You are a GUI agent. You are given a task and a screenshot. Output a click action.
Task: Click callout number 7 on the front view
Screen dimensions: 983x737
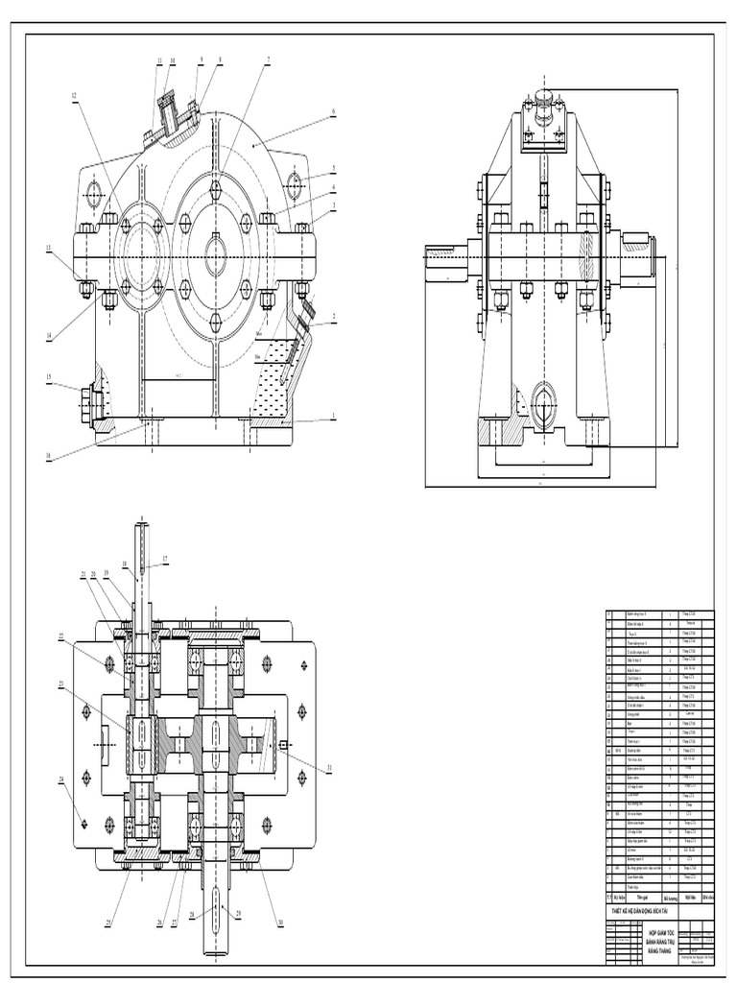tap(269, 60)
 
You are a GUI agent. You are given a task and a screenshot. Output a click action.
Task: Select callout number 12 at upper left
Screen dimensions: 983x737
tap(73, 95)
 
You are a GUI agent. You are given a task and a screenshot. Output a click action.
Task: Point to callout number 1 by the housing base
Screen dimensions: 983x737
tap(333, 417)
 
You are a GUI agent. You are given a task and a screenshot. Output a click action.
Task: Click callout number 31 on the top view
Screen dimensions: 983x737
tap(329, 767)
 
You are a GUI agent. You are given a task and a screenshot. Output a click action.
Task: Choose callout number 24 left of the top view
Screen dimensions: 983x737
tap(61, 779)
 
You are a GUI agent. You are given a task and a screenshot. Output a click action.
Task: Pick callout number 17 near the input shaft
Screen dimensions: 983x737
tap(165, 558)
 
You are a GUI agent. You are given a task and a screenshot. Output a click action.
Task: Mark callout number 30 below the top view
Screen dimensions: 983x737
tap(280, 923)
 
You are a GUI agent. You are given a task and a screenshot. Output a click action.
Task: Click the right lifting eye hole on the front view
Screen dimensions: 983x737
tap(294, 183)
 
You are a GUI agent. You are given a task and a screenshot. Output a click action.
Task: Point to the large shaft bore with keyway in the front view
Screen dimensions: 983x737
tap(216, 254)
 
